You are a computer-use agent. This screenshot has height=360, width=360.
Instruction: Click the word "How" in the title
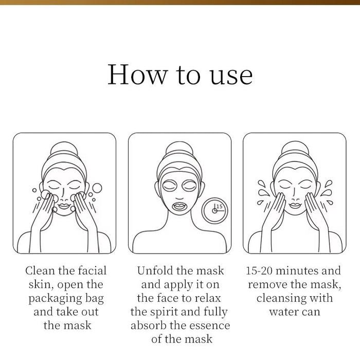tap(137, 75)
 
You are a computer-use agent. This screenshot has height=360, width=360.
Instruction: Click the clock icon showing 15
tap(214, 210)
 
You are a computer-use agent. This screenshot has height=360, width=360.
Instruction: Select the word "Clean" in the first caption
tap(40, 271)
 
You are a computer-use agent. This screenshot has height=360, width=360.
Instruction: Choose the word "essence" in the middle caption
tap(210, 326)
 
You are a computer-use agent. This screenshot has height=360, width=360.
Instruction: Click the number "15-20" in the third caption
tap(259, 271)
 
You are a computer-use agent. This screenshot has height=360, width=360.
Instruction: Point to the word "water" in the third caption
tap(282, 312)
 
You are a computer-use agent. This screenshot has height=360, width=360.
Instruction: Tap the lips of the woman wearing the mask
tap(179, 206)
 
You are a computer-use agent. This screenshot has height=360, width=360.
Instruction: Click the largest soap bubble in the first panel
tap(97, 188)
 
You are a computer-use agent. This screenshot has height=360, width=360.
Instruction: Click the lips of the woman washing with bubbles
tap(64, 206)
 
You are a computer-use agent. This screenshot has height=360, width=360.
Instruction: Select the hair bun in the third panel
tap(295, 149)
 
